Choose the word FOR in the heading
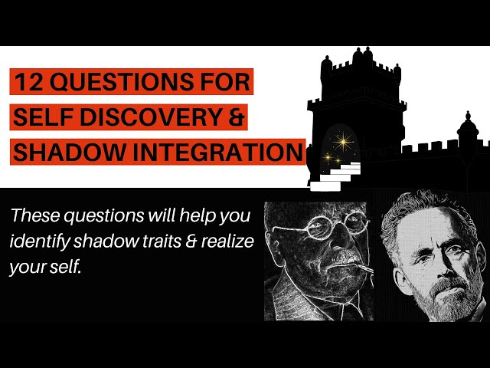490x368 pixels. (226, 82)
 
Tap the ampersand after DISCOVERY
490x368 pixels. (242, 117)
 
